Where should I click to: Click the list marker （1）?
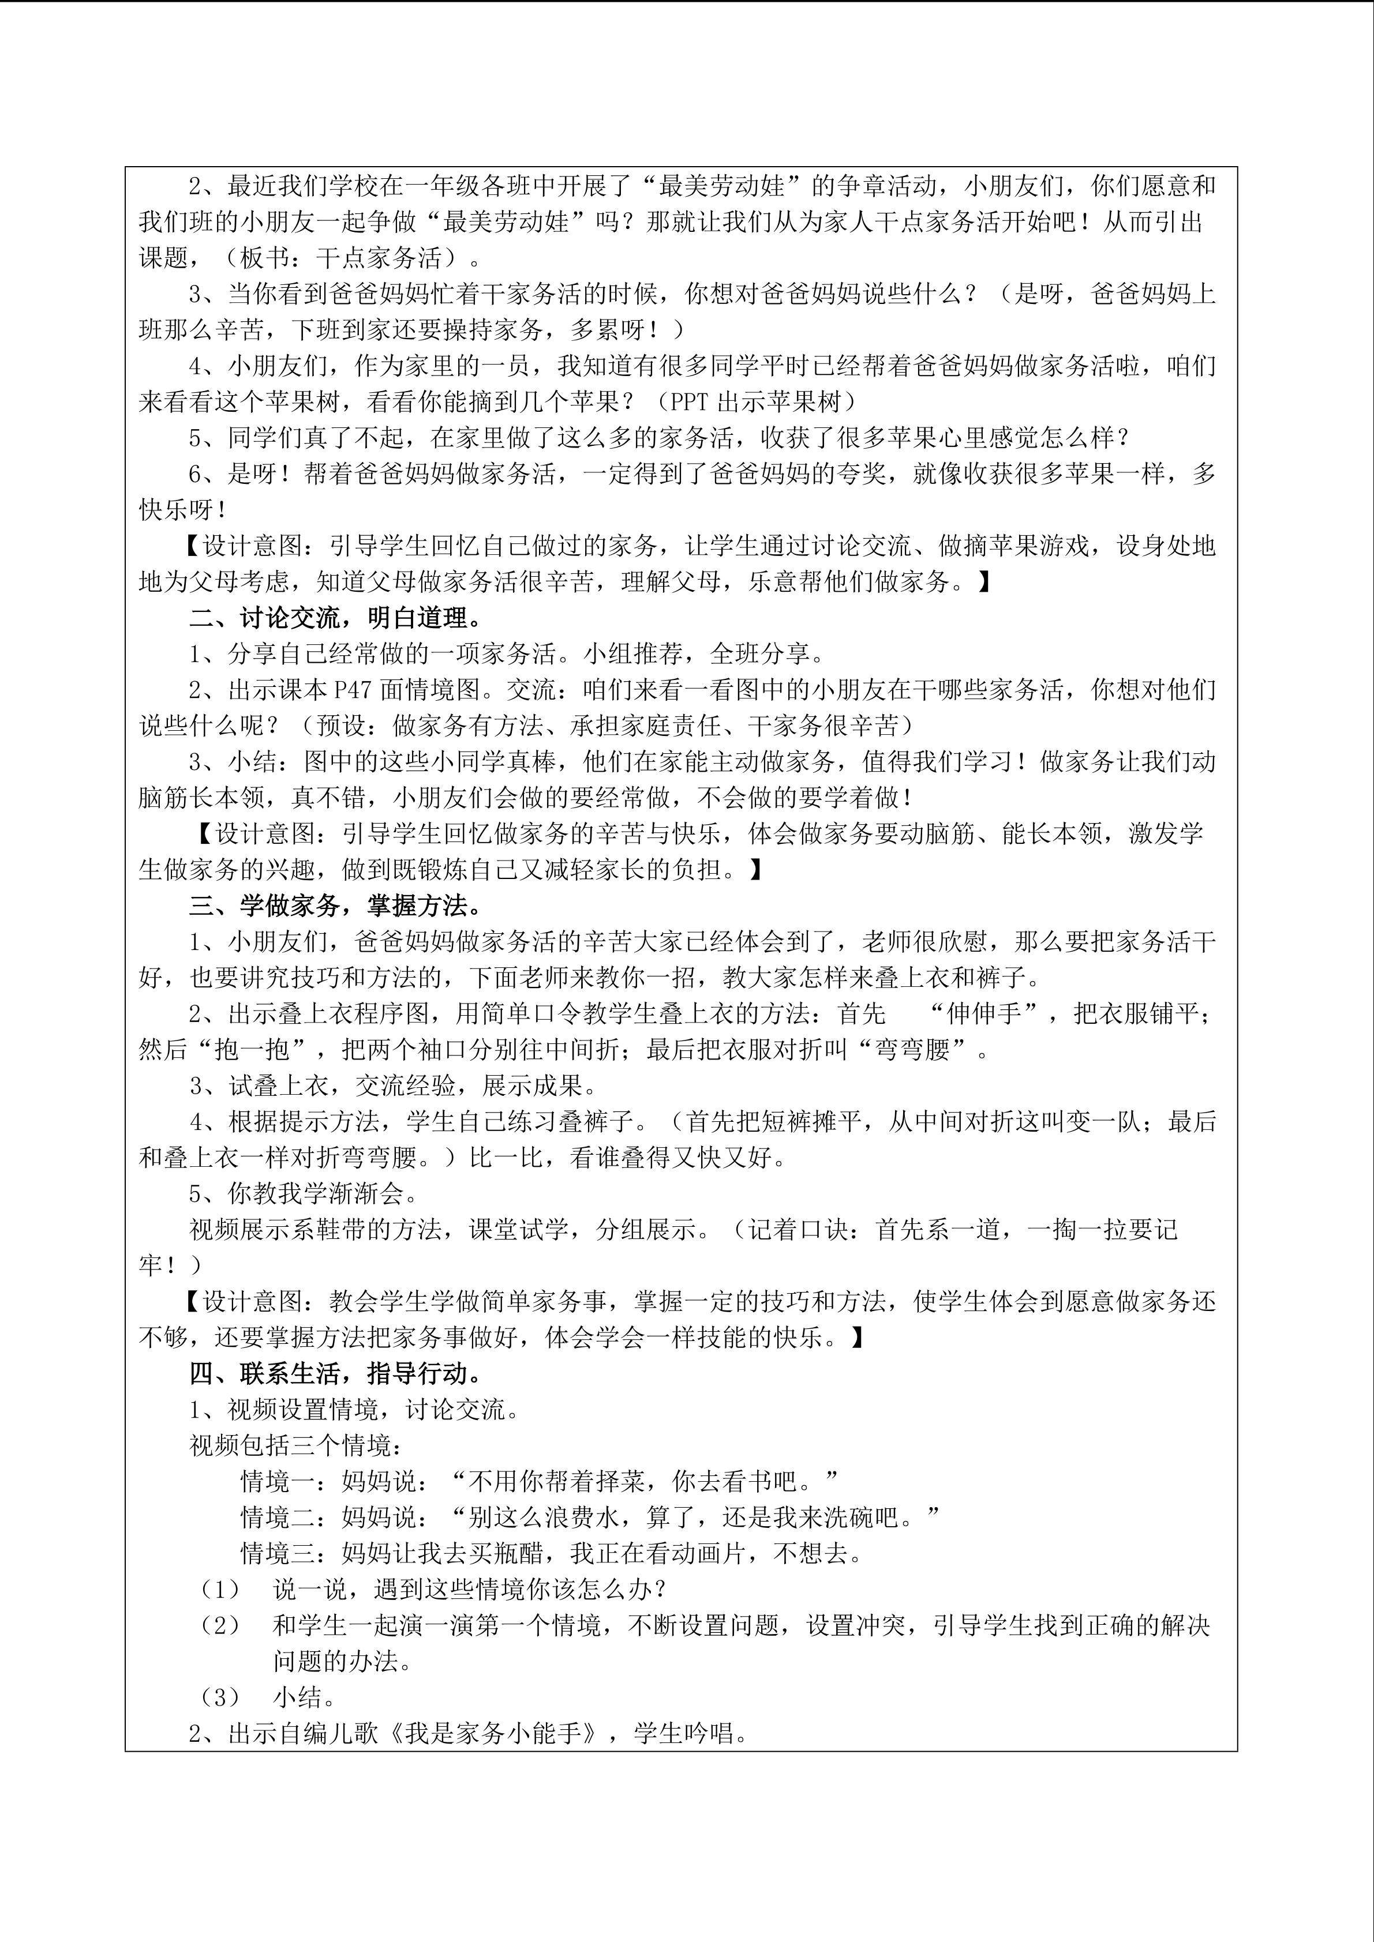pyautogui.click(x=219, y=1589)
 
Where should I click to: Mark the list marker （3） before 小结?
pyautogui.click(x=219, y=1697)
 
